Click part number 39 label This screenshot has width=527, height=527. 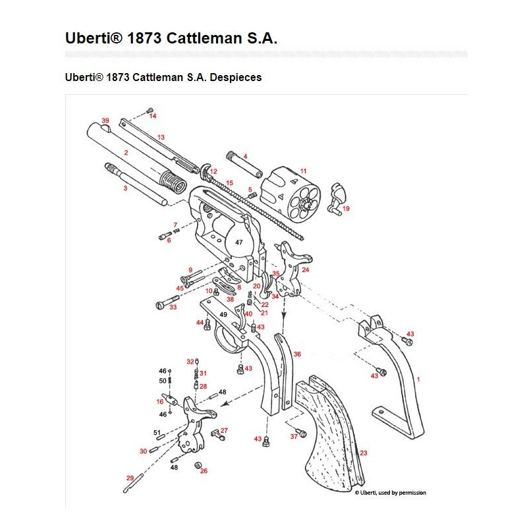click(x=105, y=121)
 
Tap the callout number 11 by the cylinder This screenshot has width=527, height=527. click(x=303, y=171)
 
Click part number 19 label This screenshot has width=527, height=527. click(x=347, y=208)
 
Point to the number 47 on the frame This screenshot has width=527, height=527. click(x=239, y=242)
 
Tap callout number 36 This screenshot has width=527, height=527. click(x=297, y=354)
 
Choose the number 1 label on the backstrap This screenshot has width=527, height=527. click(x=418, y=380)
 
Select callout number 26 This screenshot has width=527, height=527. click(x=204, y=471)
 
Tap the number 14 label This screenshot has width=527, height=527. click(x=153, y=117)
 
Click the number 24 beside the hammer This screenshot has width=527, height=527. click(x=305, y=270)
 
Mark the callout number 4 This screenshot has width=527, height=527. click(x=245, y=157)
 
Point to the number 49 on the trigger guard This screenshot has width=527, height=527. click(x=223, y=314)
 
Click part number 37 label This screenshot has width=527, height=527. click(x=294, y=437)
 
